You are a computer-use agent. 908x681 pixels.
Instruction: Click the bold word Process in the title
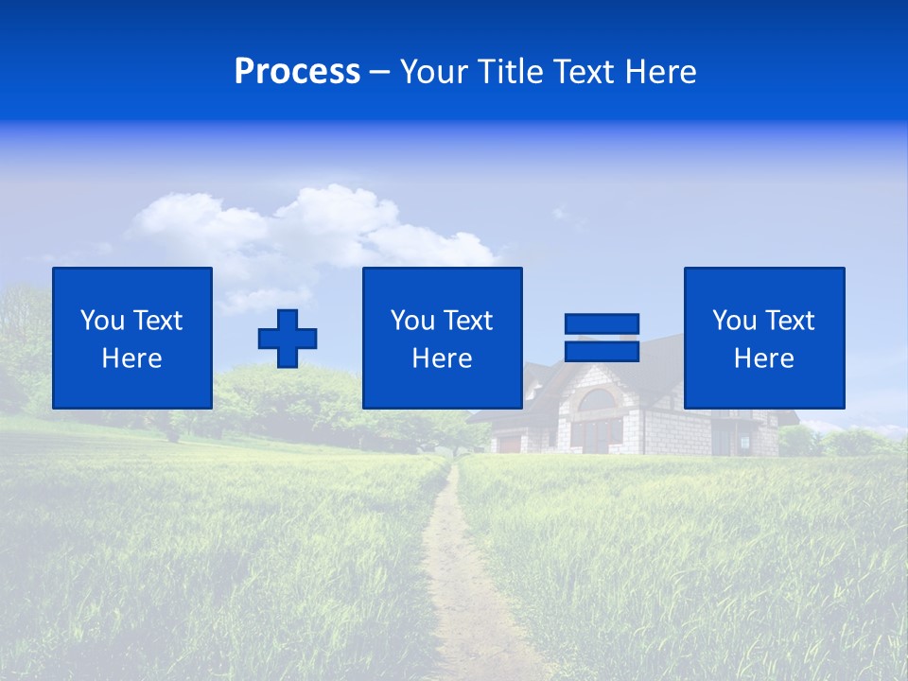point(297,72)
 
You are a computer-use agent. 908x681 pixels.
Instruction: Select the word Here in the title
point(661,72)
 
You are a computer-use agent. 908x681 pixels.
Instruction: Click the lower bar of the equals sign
point(602,351)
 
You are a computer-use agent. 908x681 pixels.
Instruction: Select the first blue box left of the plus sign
point(132,338)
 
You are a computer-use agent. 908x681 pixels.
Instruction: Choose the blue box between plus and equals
point(442,338)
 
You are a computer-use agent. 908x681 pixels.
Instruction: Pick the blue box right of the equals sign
point(763,338)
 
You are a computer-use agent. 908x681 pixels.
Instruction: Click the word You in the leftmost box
point(102,321)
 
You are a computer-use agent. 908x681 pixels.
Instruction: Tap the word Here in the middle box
point(442,358)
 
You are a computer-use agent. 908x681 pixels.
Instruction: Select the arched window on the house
point(596,401)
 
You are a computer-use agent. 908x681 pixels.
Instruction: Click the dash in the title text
point(380,72)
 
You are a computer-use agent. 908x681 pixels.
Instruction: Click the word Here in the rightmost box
point(763,358)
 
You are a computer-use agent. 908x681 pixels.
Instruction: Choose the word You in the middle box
point(412,321)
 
